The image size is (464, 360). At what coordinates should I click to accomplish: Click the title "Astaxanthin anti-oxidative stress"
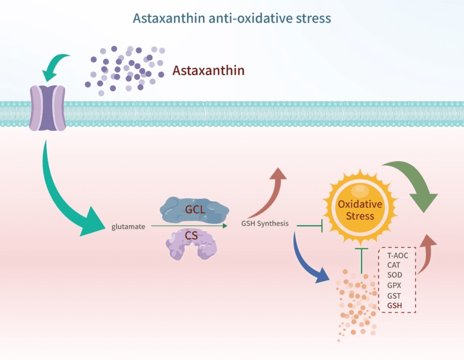click(x=232, y=19)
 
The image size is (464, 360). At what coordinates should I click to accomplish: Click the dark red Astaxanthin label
click(x=208, y=71)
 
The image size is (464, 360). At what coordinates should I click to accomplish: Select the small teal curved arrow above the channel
click(x=55, y=66)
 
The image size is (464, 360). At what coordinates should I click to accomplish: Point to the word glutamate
click(x=128, y=227)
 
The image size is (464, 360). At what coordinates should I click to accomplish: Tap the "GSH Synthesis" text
click(x=265, y=224)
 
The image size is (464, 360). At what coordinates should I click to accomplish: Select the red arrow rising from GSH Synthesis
click(x=272, y=190)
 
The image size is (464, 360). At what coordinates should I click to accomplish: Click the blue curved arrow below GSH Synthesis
click(x=308, y=261)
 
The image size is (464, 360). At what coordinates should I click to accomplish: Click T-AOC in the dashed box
click(x=398, y=256)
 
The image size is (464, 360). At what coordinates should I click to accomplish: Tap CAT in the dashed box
click(x=394, y=265)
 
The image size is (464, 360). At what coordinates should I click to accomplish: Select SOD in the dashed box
click(x=395, y=275)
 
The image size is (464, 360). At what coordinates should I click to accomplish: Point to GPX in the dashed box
click(x=395, y=285)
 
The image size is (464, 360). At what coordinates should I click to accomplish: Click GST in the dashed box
click(x=394, y=295)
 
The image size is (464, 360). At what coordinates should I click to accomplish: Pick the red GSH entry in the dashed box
click(x=395, y=305)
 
